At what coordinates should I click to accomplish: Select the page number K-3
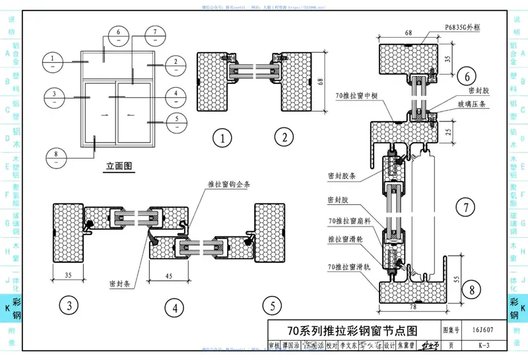(484, 345)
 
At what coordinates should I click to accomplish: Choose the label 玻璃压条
(472, 104)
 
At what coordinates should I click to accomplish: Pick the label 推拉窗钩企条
(226, 184)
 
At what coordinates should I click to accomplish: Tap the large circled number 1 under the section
(223, 138)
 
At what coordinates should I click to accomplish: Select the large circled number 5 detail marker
(271, 306)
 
